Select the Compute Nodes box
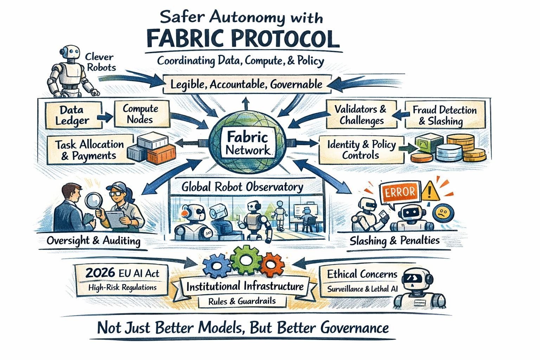click(x=140, y=114)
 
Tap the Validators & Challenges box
click(x=361, y=115)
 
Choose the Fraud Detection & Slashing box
click(x=445, y=115)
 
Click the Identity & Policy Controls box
click(x=361, y=149)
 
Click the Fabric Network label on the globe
click(x=247, y=143)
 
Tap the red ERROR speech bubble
click(x=400, y=192)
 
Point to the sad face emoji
click(x=442, y=214)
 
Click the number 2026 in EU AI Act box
click(x=100, y=273)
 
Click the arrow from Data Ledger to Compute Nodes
click(x=105, y=116)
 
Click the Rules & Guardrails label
click(x=242, y=301)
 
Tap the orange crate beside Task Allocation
click(x=161, y=154)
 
